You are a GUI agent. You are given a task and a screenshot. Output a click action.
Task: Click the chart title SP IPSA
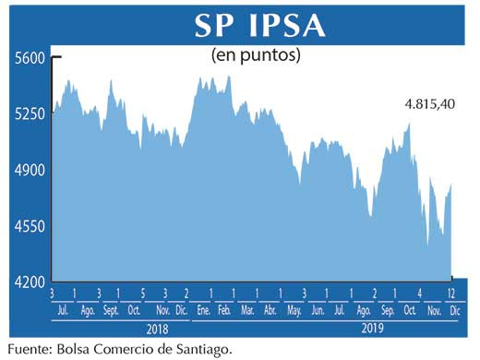click(x=259, y=26)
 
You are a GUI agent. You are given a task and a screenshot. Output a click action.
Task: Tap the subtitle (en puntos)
click(x=257, y=55)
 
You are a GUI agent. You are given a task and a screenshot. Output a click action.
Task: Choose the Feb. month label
click(x=223, y=311)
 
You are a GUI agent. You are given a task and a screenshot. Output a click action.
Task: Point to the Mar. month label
click(x=247, y=311)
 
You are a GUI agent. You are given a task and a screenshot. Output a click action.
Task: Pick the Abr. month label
click(x=270, y=311)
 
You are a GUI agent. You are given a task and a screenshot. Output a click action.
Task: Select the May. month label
click(x=294, y=311)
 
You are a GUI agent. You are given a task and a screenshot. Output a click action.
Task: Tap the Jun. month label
click(x=318, y=311)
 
